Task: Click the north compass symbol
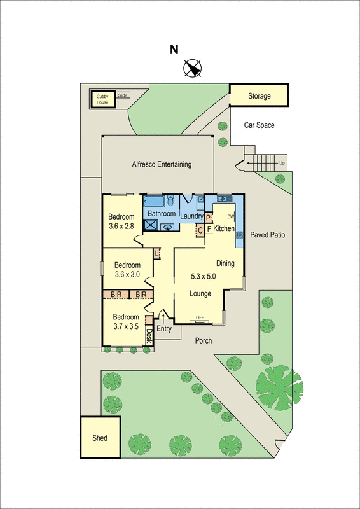click(x=193, y=67)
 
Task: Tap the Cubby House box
click(x=102, y=99)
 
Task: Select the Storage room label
click(x=259, y=96)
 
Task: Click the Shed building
click(x=99, y=438)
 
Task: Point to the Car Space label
click(x=260, y=125)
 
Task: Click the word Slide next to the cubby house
click(x=123, y=95)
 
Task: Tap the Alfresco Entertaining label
click(x=162, y=164)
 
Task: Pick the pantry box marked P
click(x=208, y=218)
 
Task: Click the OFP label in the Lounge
click(x=200, y=317)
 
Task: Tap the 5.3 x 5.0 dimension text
click(x=204, y=277)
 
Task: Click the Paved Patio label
click(x=267, y=235)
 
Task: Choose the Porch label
click(x=204, y=340)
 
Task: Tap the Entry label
click(x=164, y=329)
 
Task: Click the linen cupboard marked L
click(x=157, y=254)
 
